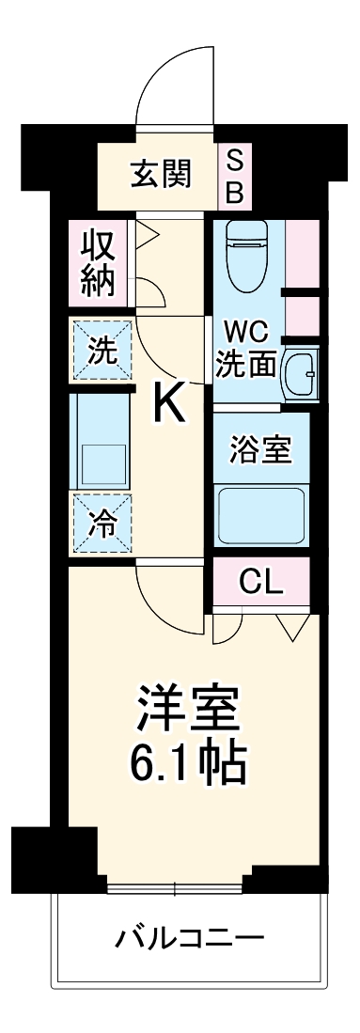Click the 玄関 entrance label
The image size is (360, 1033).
pos(161,173)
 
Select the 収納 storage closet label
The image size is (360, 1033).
pos(98,262)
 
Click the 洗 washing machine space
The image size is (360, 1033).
pos(101,350)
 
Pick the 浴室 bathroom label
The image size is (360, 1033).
pos(259,449)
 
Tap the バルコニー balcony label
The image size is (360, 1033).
pos(189,938)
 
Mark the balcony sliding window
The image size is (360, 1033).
pos(175,886)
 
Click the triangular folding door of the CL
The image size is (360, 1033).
pos(290,625)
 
